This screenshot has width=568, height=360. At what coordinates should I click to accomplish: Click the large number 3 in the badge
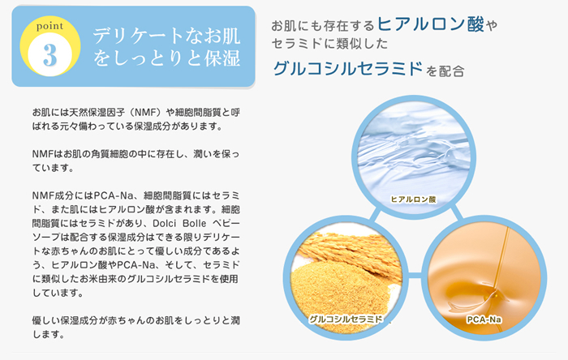point(50,55)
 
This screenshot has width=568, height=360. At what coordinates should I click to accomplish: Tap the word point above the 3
point(49,26)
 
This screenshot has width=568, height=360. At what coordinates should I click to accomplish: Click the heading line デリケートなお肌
point(166,36)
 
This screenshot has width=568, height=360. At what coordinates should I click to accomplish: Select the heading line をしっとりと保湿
point(166,58)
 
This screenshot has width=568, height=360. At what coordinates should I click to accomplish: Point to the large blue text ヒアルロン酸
point(431,24)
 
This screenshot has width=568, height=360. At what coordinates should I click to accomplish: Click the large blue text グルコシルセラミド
point(348,68)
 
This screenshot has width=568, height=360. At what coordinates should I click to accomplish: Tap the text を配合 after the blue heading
point(445,71)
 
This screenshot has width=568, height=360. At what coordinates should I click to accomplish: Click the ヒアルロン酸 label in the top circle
point(413,199)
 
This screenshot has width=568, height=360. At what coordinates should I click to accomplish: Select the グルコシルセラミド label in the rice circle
point(346,319)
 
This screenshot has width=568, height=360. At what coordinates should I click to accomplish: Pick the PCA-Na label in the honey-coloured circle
point(484,319)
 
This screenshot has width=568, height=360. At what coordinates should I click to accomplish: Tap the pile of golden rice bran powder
point(341,293)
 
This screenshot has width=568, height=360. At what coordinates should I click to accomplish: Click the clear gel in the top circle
point(414,152)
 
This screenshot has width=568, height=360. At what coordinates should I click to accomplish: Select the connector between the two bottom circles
point(415,276)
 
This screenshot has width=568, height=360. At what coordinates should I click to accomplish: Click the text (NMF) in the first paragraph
point(145,113)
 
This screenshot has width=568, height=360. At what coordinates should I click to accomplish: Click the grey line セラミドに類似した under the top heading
point(329,44)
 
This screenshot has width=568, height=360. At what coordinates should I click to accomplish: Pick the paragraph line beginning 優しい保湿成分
point(136,320)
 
